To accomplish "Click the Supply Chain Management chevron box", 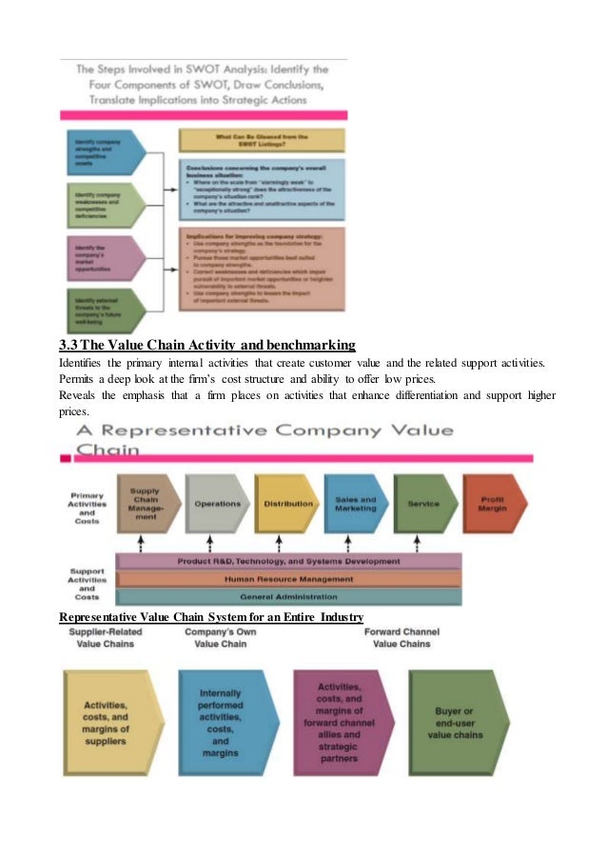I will pos(145,504).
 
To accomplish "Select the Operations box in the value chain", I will pos(217,504).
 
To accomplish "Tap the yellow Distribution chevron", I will pos(286,504).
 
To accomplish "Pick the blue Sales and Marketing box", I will pos(355,504).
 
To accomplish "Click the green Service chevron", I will pos(423,504).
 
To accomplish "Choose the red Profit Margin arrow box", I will pos(494,504).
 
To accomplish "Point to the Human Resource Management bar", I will pos(287,578).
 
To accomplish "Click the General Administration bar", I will pos(287,596).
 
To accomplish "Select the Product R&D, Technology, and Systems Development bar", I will pos(287,561).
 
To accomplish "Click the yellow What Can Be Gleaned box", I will pos(262,139).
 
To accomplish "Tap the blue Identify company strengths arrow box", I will pos(102,150).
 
